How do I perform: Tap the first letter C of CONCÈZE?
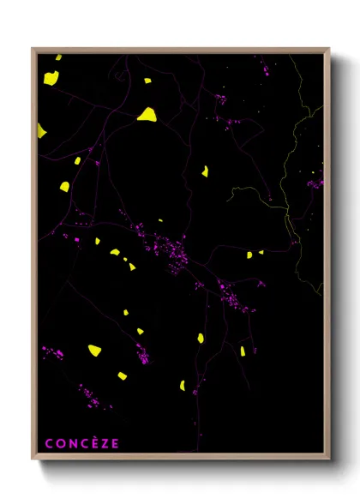tap(49, 443)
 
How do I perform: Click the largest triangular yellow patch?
tap(147, 114)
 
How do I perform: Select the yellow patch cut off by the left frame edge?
tap(40, 130)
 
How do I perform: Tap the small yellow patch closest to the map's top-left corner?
tap(58, 58)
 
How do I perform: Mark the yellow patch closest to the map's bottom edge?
tap(183, 385)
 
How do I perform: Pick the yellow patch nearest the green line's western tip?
tap(205, 171)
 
